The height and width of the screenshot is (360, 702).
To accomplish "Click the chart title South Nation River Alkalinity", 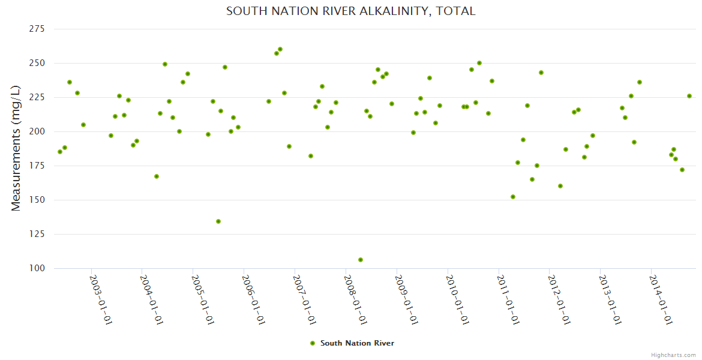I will (x=351, y=11).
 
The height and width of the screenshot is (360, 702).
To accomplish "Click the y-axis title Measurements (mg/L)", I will (x=16, y=148).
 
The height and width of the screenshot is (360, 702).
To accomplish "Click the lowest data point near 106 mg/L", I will (x=361, y=260).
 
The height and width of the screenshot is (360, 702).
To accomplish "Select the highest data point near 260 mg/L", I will (x=280, y=49).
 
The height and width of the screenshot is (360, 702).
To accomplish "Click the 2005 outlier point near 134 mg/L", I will (x=218, y=221).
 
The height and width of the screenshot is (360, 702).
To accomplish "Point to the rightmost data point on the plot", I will (x=689, y=96).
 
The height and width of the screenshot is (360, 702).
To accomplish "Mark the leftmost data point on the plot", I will (x=60, y=152).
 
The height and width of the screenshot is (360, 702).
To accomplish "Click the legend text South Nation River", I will (x=357, y=343).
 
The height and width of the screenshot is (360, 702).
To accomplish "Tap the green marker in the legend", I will (x=312, y=343).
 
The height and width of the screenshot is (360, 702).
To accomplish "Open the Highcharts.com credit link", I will (x=673, y=355).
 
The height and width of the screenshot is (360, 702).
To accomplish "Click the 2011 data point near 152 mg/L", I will (x=513, y=197).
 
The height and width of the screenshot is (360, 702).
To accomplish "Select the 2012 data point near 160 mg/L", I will (x=560, y=186).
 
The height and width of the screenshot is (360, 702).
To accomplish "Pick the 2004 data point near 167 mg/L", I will (x=157, y=176).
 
